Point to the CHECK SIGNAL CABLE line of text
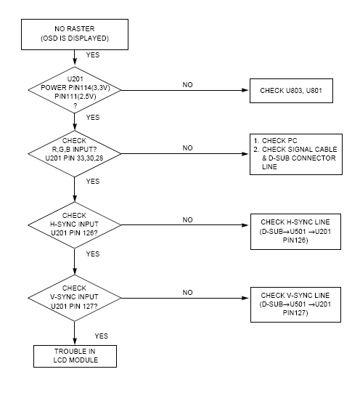pyautogui.click(x=300, y=149)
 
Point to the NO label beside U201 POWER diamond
pyautogui.click(x=187, y=85)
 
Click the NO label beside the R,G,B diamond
pyautogui.click(x=187, y=148)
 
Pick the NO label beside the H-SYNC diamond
pyautogui.click(x=187, y=220)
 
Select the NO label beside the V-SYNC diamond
pyautogui.click(x=187, y=293)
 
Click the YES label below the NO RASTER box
pyautogui.click(x=93, y=55)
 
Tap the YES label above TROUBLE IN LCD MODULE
pyautogui.click(x=101, y=336)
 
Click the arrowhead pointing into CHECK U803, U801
pyautogui.click(x=245, y=90)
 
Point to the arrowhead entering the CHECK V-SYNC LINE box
pyautogui.click(x=246, y=298)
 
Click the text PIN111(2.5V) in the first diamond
pyautogui.click(x=75, y=97)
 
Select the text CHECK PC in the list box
pyautogui.click(x=279, y=141)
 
